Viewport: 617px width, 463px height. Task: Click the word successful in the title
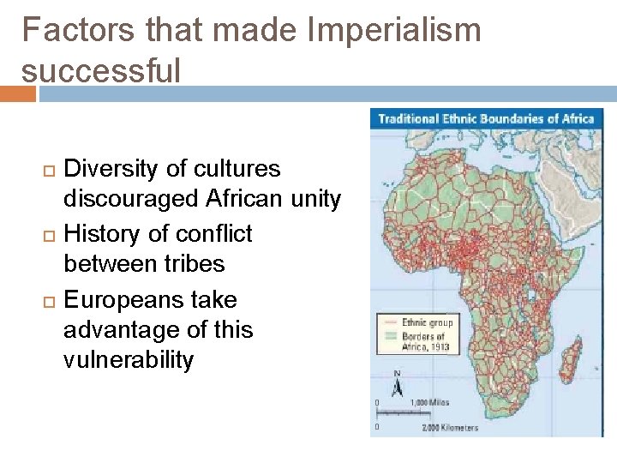click(x=101, y=70)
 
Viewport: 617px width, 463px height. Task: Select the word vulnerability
click(x=129, y=360)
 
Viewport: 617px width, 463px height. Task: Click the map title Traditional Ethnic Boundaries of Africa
click(x=486, y=118)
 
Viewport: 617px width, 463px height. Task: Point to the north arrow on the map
click(x=398, y=384)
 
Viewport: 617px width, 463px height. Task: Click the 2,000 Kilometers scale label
click(x=450, y=427)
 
